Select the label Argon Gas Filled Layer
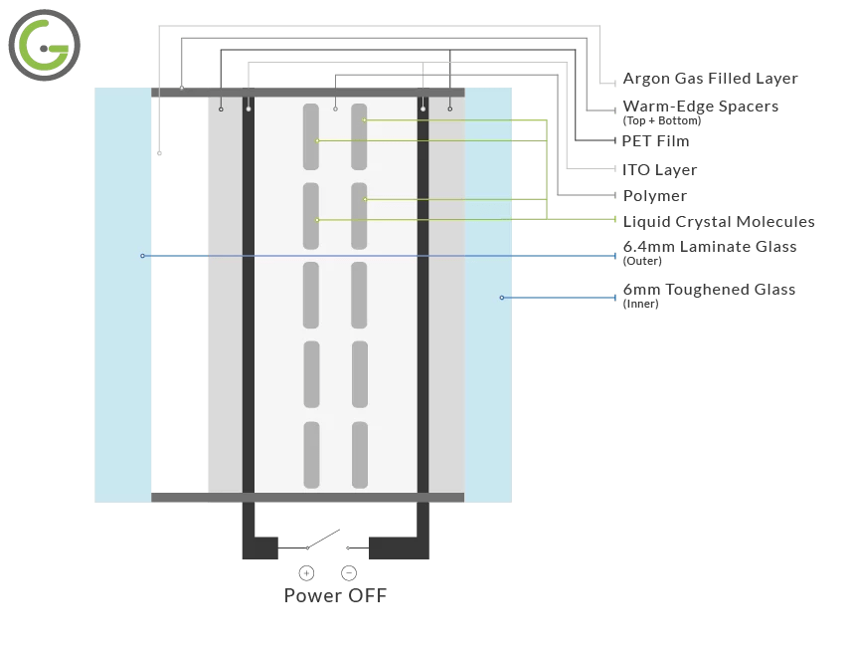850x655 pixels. (x=710, y=79)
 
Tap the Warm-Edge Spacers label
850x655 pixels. (x=700, y=107)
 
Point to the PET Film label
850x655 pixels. (x=655, y=141)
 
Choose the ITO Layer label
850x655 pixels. (x=659, y=170)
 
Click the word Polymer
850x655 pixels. (x=654, y=196)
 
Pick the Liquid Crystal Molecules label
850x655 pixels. (x=718, y=222)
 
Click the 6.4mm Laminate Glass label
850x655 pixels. (x=709, y=247)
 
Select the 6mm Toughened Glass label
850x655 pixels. (x=708, y=290)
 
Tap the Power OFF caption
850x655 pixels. (x=335, y=596)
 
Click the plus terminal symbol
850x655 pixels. (x=306, y=572)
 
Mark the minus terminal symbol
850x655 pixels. (x=349, y=572)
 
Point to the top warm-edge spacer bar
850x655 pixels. (x=307, y=92)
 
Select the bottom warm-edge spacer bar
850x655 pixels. (x=307, y=497)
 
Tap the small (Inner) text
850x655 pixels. (x=639, y=304)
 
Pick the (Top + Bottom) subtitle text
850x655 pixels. (x=661, y=120)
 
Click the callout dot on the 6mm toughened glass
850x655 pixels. (x=501, y=298)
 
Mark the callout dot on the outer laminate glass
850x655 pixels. (x=142, y=256)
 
